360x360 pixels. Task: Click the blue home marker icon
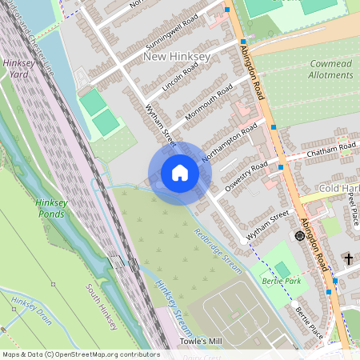[179, 173]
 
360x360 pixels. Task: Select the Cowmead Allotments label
[330, 70]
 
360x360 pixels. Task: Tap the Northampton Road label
[230, 142]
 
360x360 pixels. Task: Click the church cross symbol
[348, 258]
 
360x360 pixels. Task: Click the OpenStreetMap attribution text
[81, 354]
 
